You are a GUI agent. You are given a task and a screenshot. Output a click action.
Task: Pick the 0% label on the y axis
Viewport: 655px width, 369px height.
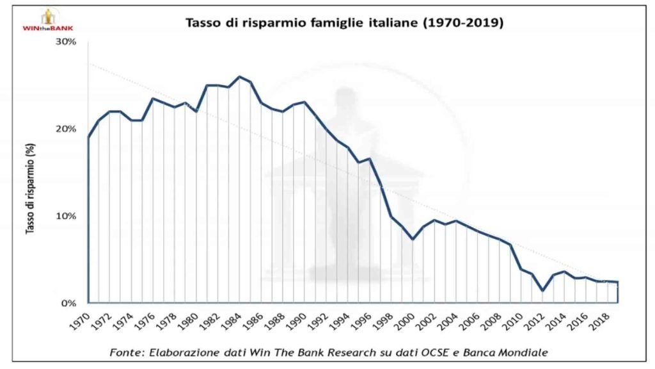68,303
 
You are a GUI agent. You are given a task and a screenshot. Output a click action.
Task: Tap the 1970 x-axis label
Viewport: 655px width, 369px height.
79,320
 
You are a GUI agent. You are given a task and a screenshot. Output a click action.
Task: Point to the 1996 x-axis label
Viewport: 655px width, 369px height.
362,320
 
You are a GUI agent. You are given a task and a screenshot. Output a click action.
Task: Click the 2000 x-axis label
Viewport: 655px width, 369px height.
406,320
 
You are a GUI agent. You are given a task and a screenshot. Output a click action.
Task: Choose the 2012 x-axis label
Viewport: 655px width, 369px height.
536,320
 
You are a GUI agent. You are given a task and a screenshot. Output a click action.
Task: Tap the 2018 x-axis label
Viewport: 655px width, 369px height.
601,320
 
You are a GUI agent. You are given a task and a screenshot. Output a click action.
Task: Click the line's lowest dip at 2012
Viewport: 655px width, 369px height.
542,291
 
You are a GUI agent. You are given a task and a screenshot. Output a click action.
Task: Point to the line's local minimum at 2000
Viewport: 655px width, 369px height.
413,239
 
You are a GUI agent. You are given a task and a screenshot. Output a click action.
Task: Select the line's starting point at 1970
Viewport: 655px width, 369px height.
88,137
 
